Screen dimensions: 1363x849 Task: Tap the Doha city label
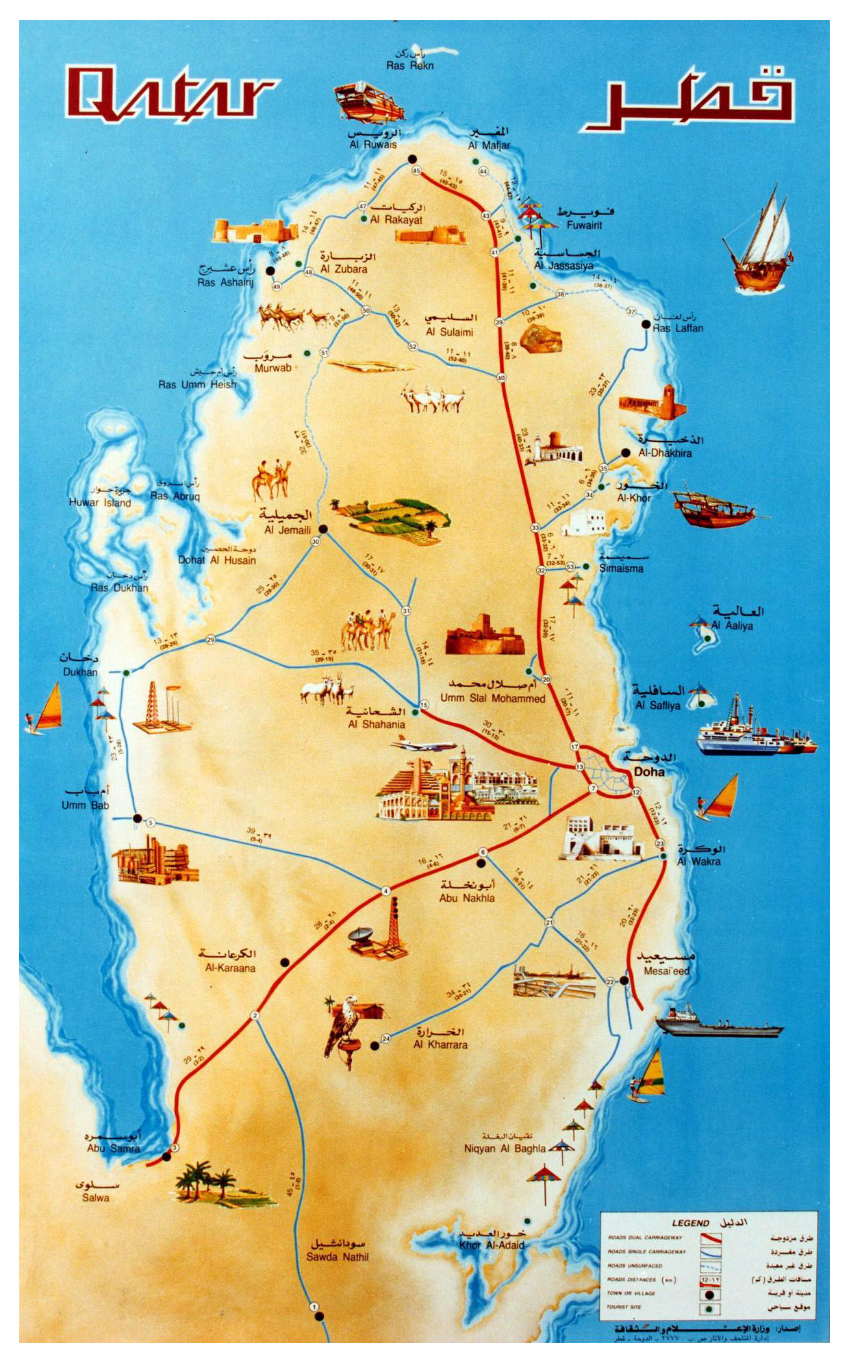coord(649,772)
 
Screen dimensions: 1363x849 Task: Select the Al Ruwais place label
coord(373,145)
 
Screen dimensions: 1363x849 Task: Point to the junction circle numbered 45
coord(416,171)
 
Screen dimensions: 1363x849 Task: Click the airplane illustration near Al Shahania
coord(426,745)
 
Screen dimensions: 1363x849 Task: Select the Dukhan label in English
coord(80,672)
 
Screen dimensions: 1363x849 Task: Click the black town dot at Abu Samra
coord(166,1157)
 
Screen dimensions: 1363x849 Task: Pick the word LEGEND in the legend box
coord(690,1223)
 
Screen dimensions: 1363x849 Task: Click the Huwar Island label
coord(100,503)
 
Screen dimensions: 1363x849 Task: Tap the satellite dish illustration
coord(362,936)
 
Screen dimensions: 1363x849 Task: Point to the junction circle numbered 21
coord(549,923)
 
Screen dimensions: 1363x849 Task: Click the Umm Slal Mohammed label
coord(492,699)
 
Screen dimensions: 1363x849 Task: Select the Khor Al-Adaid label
coord(492,1245)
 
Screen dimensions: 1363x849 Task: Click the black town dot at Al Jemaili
coord(323,529)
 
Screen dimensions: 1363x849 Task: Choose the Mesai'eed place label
coord(666,971)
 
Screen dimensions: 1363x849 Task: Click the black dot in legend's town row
coord(709,1295)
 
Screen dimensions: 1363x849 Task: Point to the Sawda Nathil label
coord(338,1257)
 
